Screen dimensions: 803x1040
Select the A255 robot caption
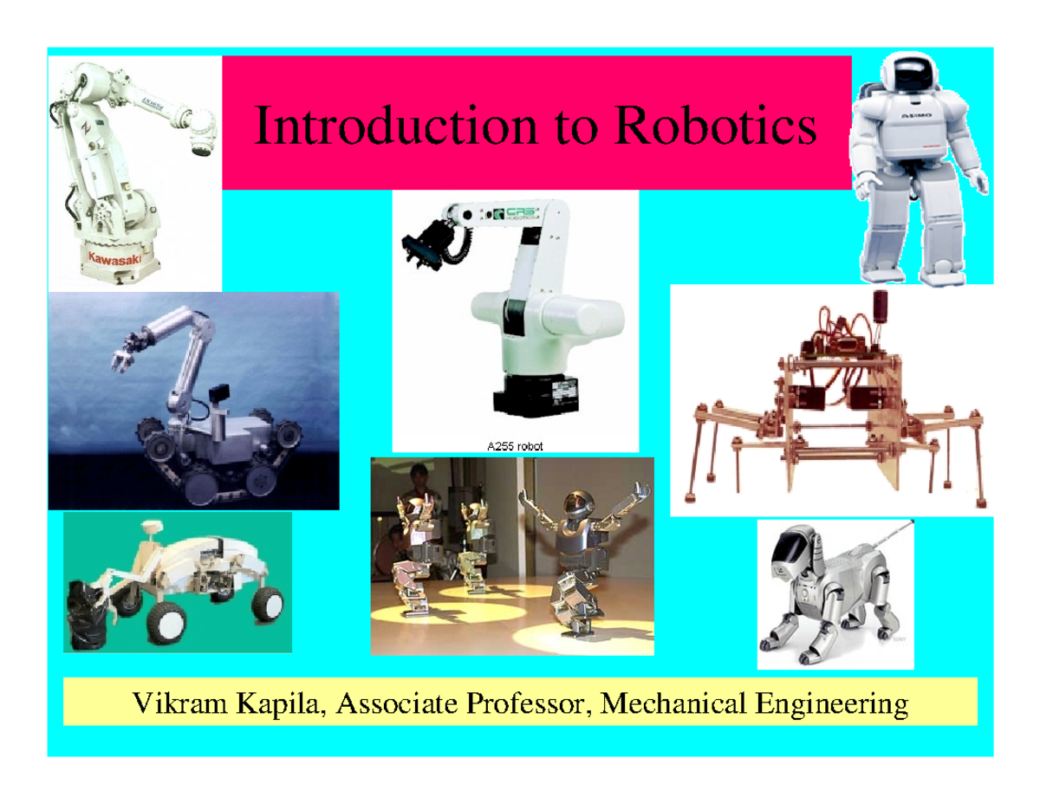coord(516,447)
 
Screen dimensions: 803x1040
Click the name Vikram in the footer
coord(174,703)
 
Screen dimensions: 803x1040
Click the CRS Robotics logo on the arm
coord(511,213)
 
